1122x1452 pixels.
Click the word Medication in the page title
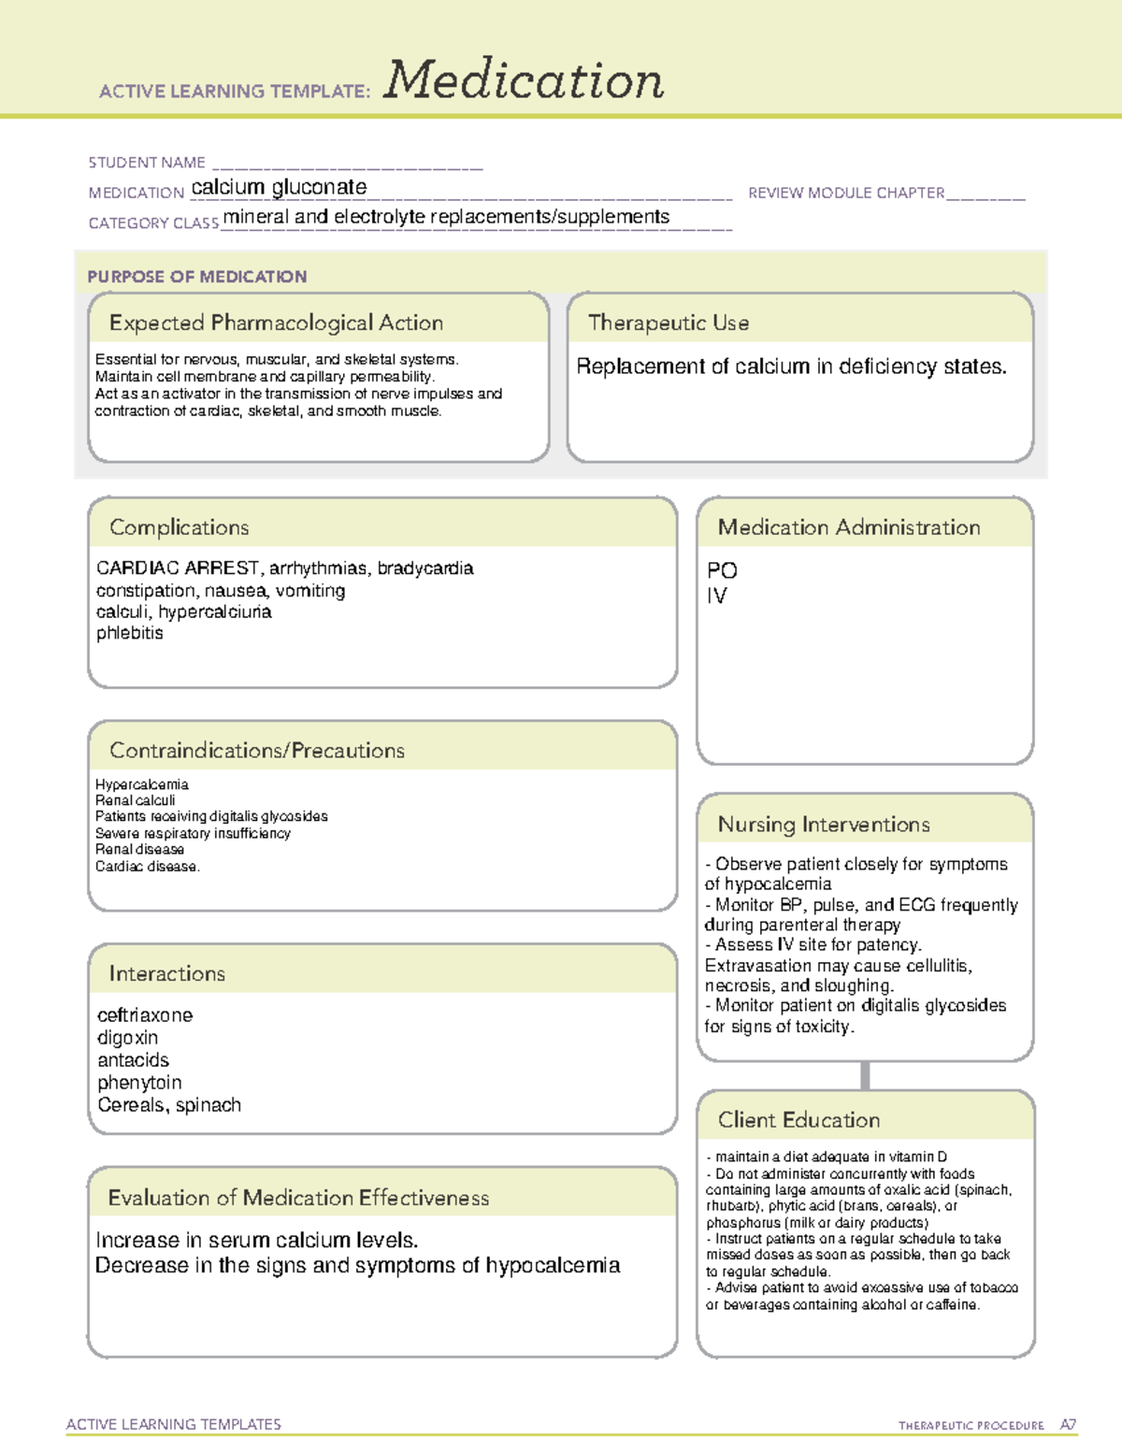tap(524, 80)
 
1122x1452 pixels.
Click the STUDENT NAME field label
tap(147, 163)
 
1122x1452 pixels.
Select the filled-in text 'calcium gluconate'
tap(279, 187)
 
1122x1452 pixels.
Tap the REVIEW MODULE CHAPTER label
tap(846, 193)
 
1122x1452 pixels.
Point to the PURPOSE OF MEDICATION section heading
tap(197, 277)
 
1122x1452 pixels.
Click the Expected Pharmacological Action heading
tap(276, 323)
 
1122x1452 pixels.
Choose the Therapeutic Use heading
tap(669, 323)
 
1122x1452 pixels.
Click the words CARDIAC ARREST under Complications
tap(178, 568)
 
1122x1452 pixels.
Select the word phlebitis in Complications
tap(129, 633)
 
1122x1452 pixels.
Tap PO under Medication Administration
tap(722, 570)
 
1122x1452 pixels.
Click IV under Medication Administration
tap(716, 596)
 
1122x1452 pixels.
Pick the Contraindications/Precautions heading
tap(257, 751)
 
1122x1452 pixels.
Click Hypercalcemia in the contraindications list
tap(142, 784)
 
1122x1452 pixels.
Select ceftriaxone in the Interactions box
tap(145, 1015)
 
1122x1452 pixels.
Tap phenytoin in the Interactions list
tap(139, 1083)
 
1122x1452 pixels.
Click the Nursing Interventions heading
tap(824, 825)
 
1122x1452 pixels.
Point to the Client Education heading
tap(798, 1120)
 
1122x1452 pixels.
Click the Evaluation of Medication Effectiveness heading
tap(298, 1198)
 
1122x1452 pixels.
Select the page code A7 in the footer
tap(1068, 1425)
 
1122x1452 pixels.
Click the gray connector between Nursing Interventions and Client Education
tap(865, 1075)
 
